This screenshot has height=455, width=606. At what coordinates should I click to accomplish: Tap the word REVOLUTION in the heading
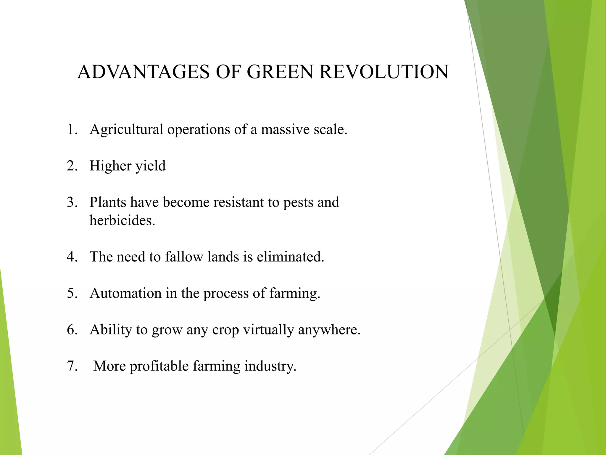384,72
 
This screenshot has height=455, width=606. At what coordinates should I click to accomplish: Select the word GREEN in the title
279,72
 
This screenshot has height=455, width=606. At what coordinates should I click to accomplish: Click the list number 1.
72,129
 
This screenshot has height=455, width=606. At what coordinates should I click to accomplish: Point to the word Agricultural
126,130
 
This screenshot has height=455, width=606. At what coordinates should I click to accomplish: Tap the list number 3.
72,202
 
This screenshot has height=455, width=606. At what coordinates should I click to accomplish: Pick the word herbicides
122,220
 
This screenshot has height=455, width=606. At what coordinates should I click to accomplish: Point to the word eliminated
290,257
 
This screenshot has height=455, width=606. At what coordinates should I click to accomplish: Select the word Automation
125,293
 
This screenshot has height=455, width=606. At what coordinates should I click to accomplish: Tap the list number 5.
72,293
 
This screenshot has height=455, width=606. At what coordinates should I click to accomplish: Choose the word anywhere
329,330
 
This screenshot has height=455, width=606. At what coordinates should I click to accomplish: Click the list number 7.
72,366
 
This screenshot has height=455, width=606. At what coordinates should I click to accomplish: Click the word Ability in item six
110,330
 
